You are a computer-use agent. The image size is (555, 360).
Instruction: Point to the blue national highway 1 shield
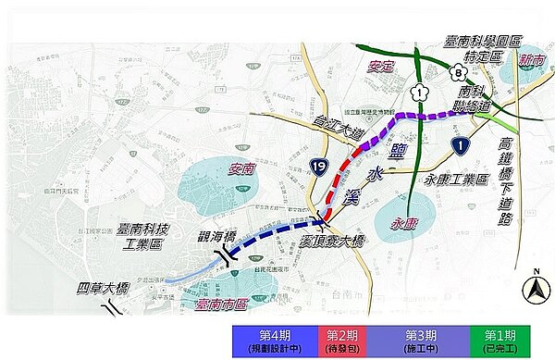460,144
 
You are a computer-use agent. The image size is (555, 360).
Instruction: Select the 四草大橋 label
103,289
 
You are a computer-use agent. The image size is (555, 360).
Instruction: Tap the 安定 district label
381,67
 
